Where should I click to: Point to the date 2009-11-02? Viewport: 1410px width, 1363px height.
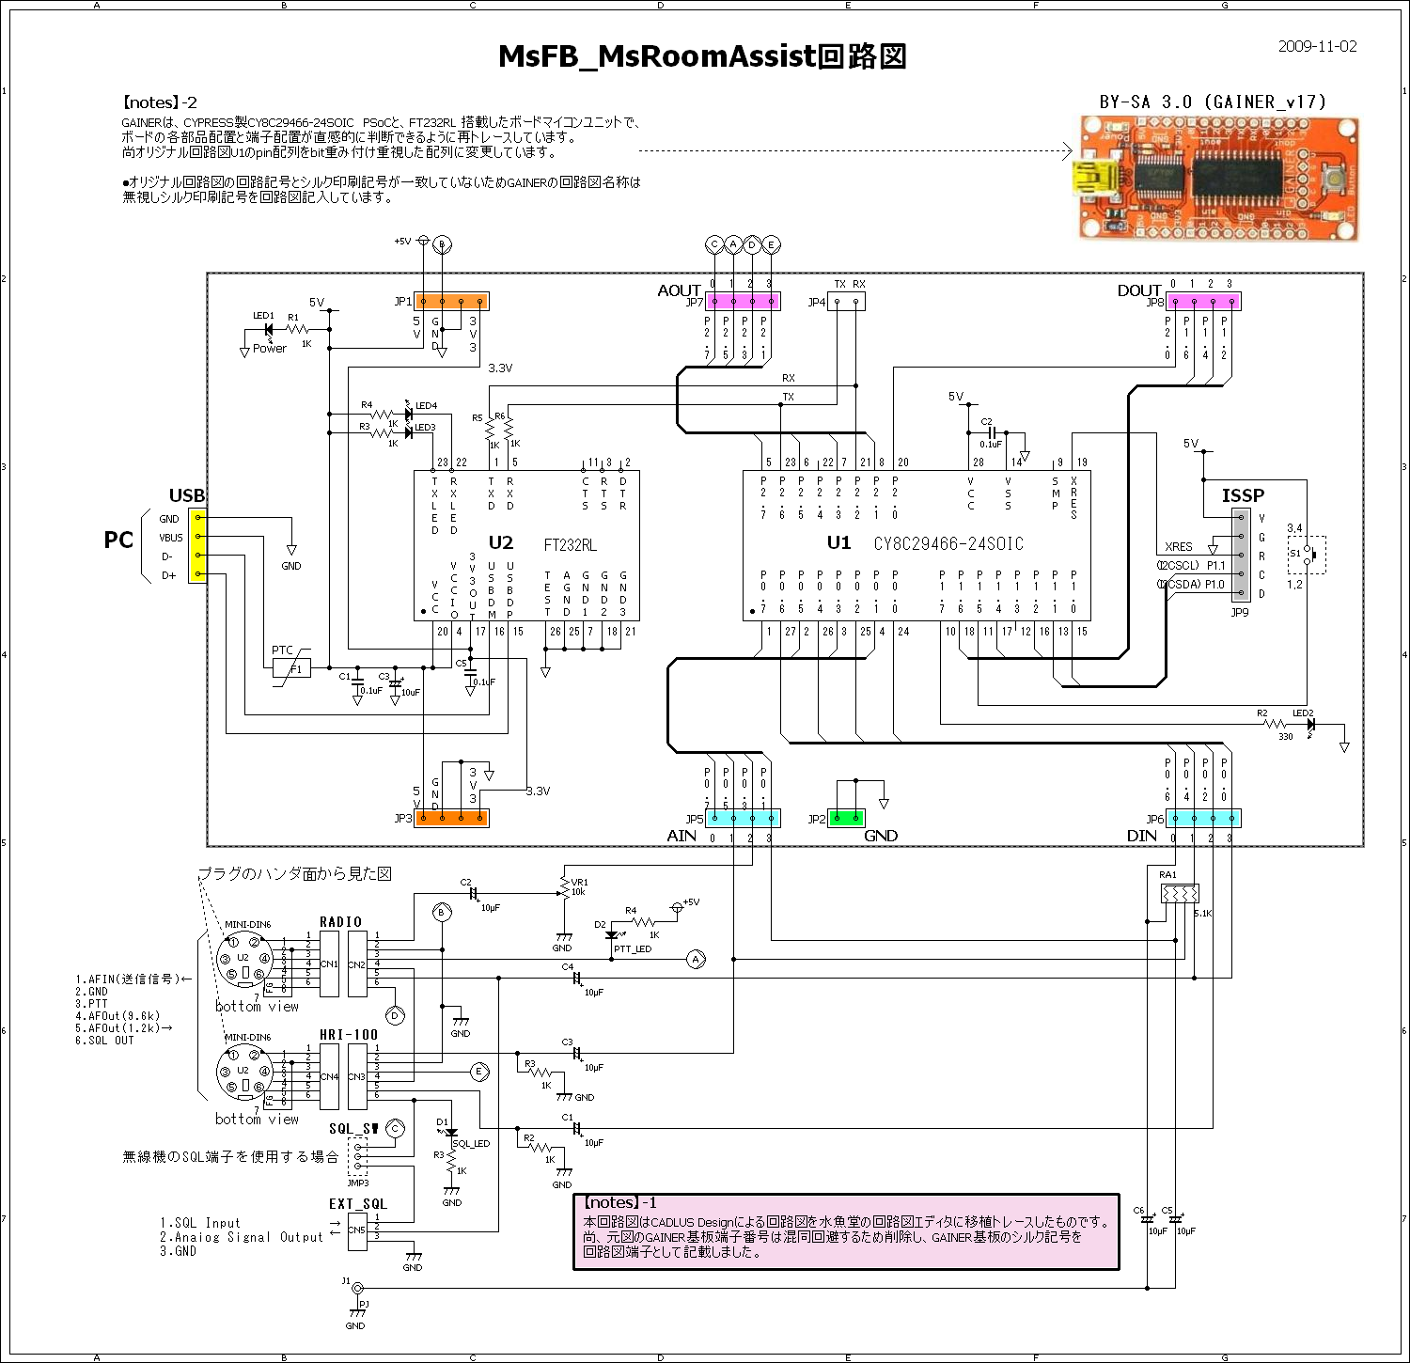pos(1317,47)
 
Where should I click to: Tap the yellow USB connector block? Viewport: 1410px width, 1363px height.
pos(197,546)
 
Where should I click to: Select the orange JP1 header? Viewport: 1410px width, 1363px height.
pos(452,302)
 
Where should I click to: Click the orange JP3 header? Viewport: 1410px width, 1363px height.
pos(452,818)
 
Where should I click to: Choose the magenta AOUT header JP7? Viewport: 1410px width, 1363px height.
pos(743,302)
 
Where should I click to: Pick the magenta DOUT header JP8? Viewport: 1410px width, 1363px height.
pos(1203,302)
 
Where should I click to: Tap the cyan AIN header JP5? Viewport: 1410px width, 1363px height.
pos(743,818)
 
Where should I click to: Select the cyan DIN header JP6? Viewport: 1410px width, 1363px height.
pos(1203,818)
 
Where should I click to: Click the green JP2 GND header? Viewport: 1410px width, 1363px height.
pos(846,818)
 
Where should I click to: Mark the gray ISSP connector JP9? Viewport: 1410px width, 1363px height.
pos(1241,556)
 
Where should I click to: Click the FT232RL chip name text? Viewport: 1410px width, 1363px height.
pos(570,545)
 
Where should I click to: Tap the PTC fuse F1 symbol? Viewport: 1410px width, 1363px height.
pos(291,668)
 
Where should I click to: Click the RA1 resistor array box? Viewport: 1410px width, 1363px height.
pos(1180,893)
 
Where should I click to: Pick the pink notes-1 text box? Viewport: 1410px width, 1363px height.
pos(846,1232)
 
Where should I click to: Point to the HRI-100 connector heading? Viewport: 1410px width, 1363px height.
pos(349,1035)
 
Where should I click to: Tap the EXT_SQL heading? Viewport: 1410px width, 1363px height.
pos(357,1204)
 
